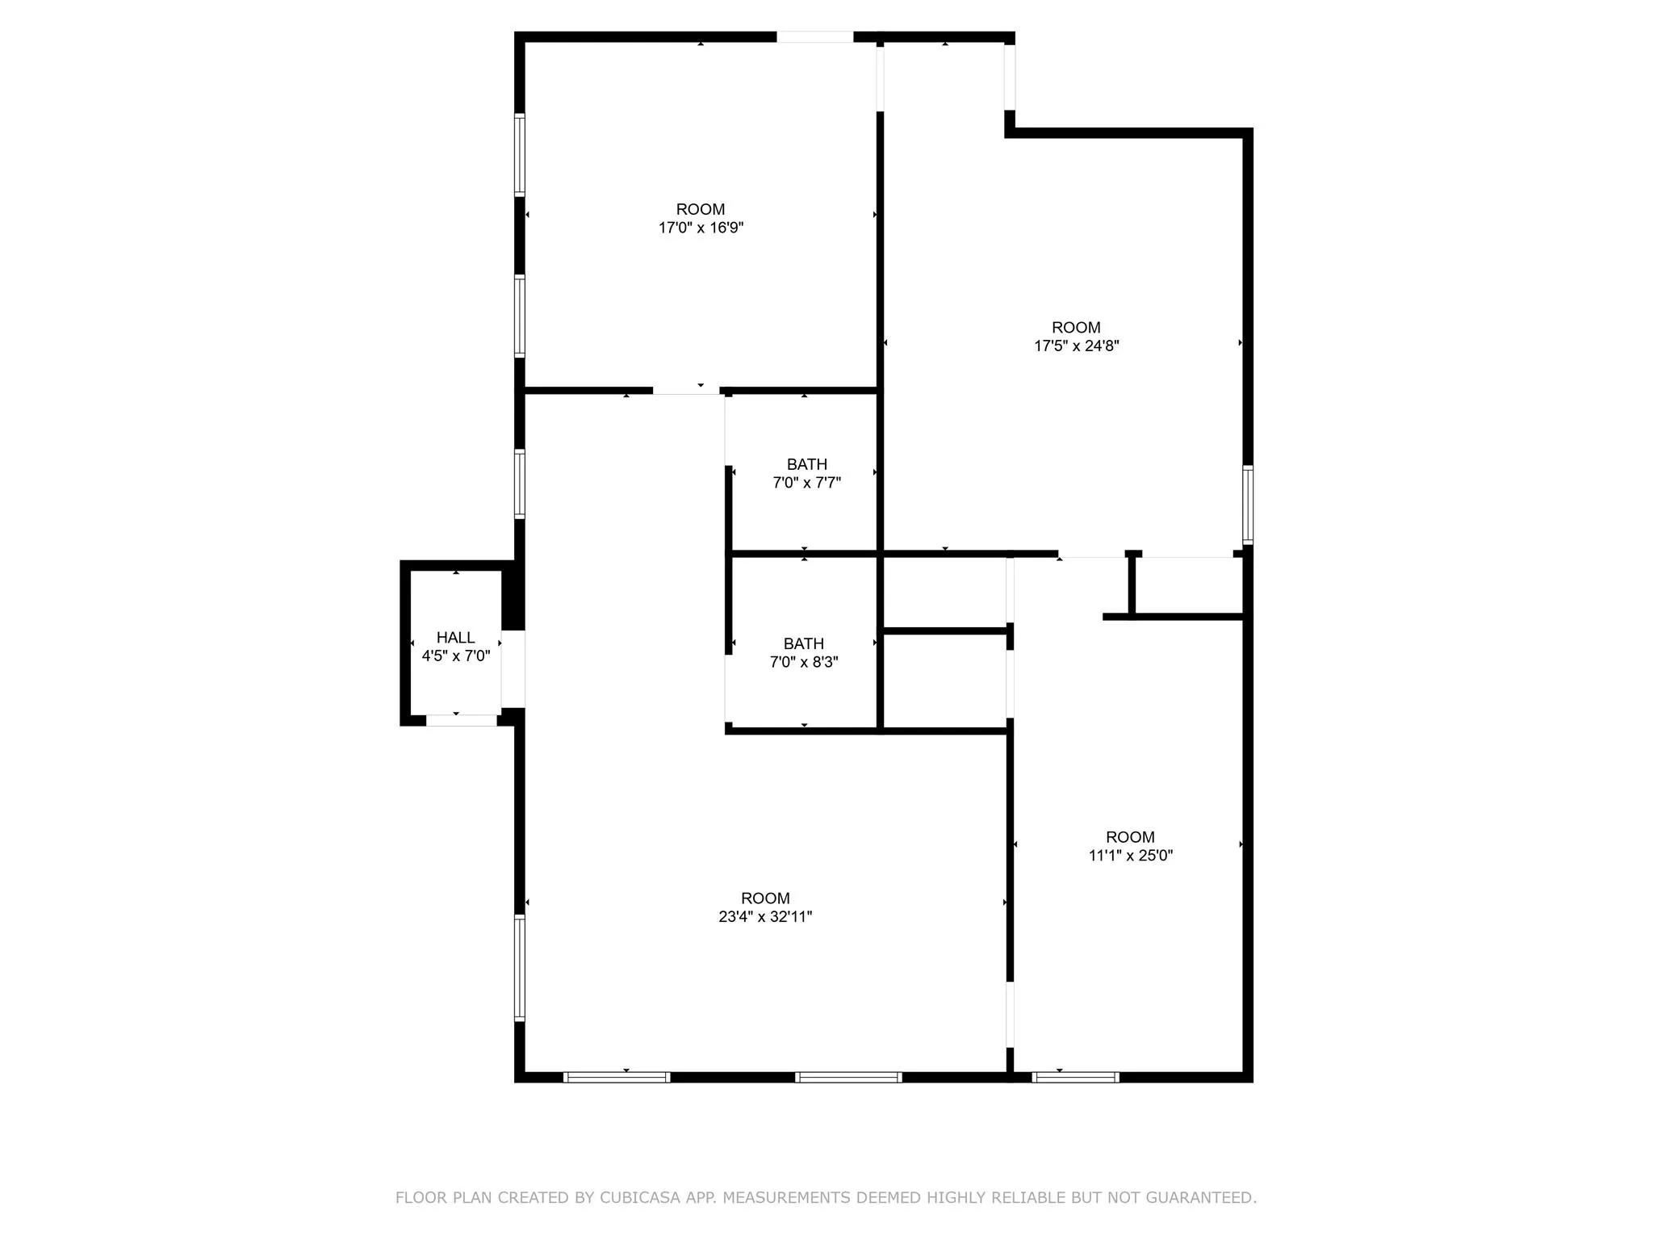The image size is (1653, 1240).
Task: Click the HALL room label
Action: (x=455, y=638)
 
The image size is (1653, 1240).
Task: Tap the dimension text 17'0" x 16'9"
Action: (x=701, y=228)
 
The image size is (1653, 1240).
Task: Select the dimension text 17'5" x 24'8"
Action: (x=1076, y=346)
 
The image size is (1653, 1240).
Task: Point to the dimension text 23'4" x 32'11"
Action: (x=765, y=916)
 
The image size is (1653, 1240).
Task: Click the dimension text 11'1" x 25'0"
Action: (x=1130, y=855)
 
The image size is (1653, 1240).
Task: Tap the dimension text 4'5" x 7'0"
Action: (x=455, y=656)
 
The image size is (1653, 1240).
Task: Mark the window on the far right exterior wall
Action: (x=1248, y=505)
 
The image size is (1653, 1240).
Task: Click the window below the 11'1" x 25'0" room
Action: (x=1075, y=1077)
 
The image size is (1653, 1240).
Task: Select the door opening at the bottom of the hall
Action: (x=461, y=720)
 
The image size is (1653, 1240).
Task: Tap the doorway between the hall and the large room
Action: (x=513, y=668)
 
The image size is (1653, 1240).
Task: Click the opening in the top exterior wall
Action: (x=814, y=37)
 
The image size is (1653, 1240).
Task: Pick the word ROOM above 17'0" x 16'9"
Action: (x=701, y=209)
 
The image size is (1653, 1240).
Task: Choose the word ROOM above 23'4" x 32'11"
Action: (x=765, y=898)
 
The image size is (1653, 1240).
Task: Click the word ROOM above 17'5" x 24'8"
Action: (x=1076, y=327)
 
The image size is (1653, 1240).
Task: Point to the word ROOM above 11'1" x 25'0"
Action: (x=1130, y=836)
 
